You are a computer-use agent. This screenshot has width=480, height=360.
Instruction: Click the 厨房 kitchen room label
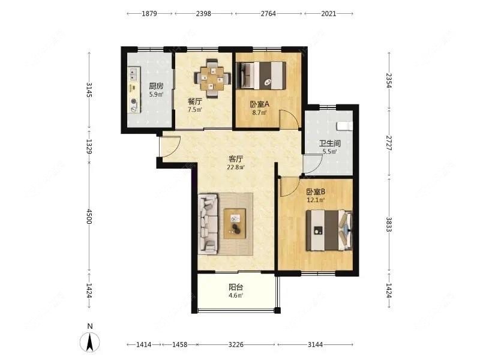tap(156, 86)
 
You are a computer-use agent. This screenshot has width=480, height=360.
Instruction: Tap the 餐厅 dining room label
tap(194, 101)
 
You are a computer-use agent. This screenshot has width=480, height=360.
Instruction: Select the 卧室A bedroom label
tap(260, 104)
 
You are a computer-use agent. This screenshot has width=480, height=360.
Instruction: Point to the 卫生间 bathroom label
tap(329, 143)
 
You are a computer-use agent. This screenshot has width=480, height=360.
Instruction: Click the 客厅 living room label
tap(236, 159)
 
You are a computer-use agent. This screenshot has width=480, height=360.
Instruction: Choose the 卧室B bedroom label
tap(316, 191)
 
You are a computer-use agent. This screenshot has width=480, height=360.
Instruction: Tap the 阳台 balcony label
tap(236, 287)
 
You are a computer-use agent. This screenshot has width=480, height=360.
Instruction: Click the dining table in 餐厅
tap(213, 79)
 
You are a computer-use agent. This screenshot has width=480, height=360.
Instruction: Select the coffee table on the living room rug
tap(235, 223)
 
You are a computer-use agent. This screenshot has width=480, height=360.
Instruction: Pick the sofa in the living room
tap(208, 224)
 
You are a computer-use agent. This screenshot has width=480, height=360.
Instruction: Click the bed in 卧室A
tap(261, 76)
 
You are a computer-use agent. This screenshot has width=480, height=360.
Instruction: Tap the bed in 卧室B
tap(329, 230)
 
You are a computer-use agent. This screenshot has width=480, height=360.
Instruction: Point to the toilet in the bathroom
tap(344, 126)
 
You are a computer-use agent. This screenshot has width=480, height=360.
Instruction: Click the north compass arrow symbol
tap(89, 341)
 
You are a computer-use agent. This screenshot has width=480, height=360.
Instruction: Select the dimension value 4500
tap(89, 216)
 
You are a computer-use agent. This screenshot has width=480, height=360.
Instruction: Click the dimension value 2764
tap(268, 13)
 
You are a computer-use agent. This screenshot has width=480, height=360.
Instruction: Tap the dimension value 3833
tap(389, 224)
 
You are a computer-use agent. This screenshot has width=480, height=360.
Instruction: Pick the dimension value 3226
tap(236, 344)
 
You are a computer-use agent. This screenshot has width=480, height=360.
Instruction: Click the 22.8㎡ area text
tap(236, 167)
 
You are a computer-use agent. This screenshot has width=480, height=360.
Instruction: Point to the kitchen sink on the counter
tap(133, 73)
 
